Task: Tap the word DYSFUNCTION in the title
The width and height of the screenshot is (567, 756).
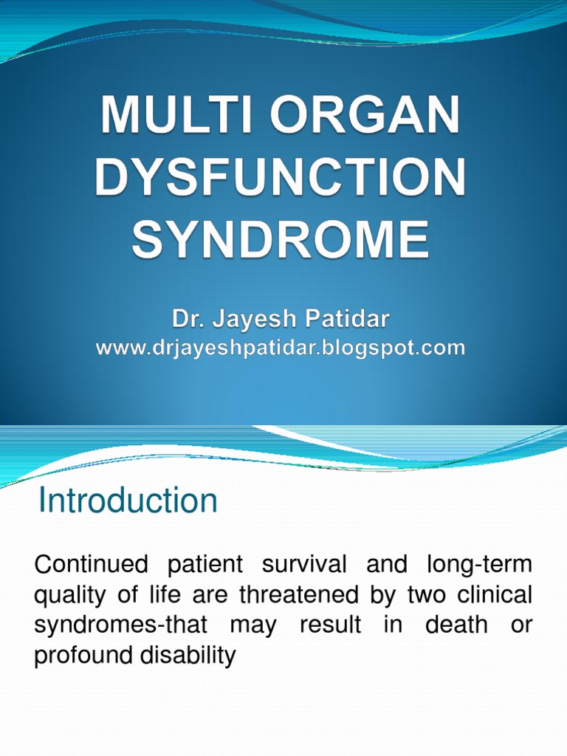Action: [281, 179]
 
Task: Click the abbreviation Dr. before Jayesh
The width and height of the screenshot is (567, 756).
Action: [189, 320]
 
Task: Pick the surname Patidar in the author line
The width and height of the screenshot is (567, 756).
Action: [346, 320]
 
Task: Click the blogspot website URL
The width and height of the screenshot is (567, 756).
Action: [281, 348]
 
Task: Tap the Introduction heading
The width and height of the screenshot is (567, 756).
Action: [128, 501]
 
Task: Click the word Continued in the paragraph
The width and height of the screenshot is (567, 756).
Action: [92, 566]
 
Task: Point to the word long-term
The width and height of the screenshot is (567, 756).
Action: [478, 566]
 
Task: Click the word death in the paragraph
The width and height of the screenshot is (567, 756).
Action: [456, 625]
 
